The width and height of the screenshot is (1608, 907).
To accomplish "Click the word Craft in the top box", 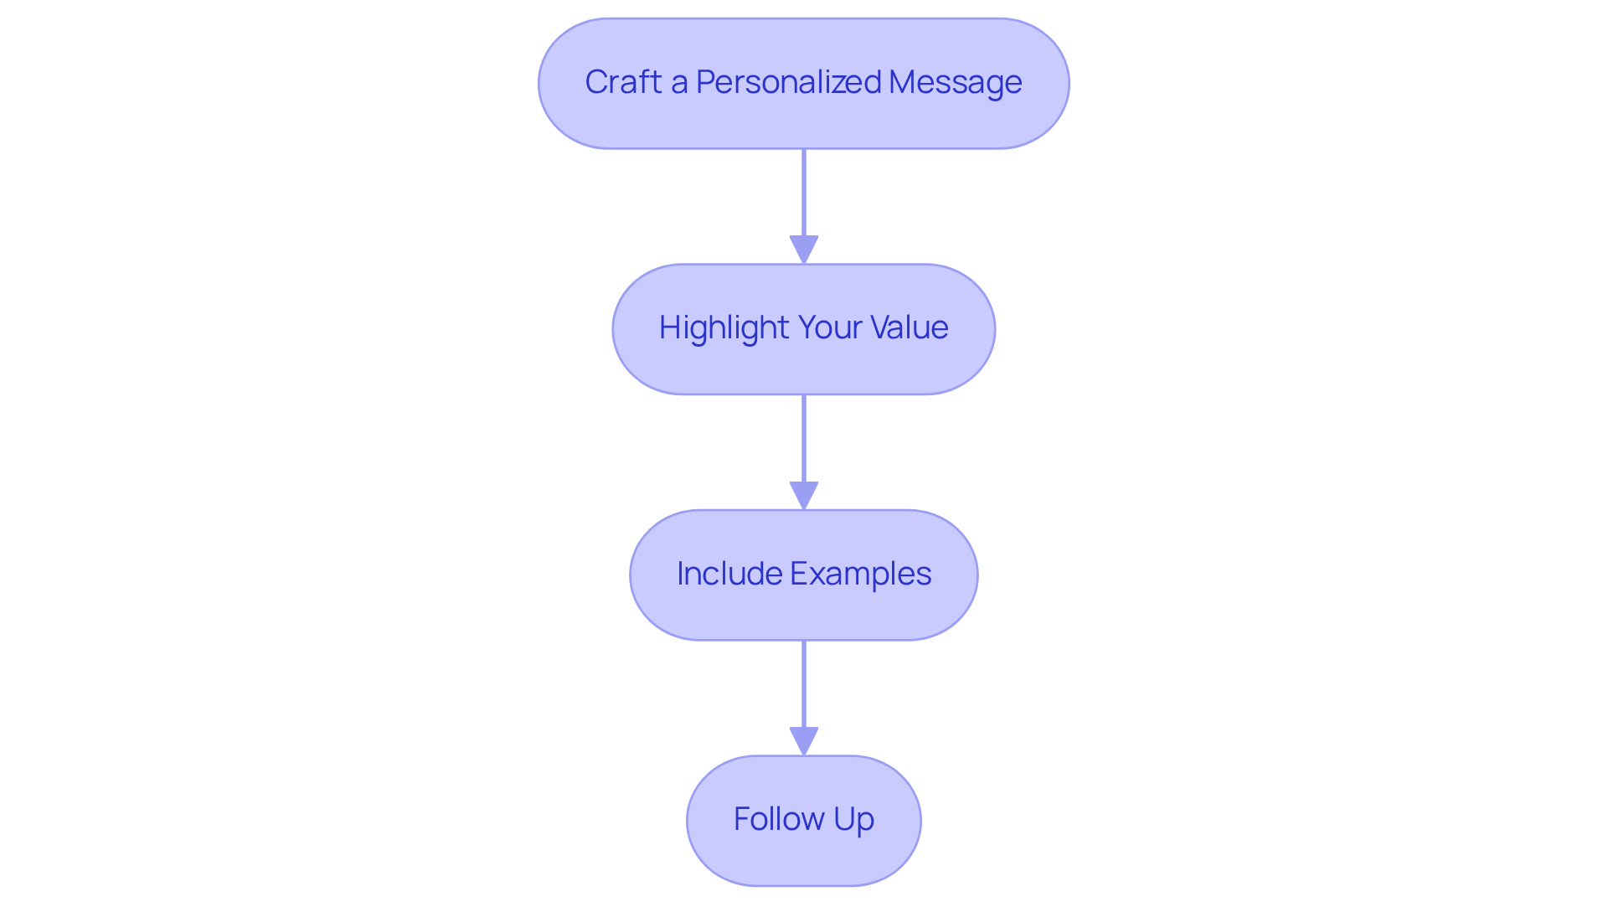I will click(x=623, y=82).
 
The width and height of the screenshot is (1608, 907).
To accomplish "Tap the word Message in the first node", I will click(x=955, y=82).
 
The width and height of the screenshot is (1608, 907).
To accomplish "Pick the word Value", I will click(x=910, y=327).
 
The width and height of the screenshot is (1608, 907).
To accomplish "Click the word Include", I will click(x=729, y=574).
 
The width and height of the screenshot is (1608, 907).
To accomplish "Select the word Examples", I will click(x=860, y=574).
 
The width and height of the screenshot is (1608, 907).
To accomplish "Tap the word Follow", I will click(x=778, y=819).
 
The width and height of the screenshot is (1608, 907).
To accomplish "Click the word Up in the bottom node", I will click(x=853, y=819).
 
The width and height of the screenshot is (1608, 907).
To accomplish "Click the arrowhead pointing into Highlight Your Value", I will click(x=804, y=250).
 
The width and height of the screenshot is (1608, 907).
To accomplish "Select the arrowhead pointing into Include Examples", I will click(x=804, y=495).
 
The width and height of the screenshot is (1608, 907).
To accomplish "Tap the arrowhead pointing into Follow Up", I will click(x=804, y=741).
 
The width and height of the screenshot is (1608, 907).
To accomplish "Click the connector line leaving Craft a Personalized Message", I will click(x=804, y=193).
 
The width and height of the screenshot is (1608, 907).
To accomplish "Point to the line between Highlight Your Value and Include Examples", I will click(x=804, y=437).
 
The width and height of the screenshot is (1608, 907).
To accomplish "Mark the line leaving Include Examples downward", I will click(x=804, y=683).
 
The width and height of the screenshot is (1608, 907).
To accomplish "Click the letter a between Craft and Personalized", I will click(x=678, y=83).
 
